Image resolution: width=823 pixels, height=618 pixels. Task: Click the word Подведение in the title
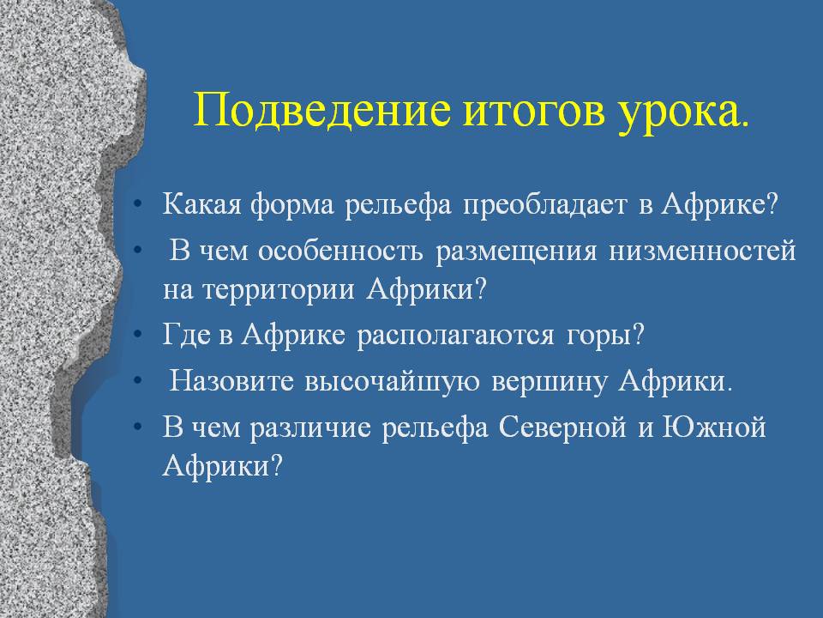pyautogui.click(x=322, y=112)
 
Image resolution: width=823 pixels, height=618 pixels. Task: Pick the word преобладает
pyautogui.click(x=545, y=205)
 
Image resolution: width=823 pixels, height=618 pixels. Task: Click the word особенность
pyautogui.click(x=340, y=250)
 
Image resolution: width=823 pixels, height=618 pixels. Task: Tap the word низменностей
pyautogui.click(x=702, y=250)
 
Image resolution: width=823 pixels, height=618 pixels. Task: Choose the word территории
pyautogui.click(x=278, y=290)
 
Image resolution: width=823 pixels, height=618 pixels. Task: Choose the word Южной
pyautogui.click(x=714, y=427)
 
